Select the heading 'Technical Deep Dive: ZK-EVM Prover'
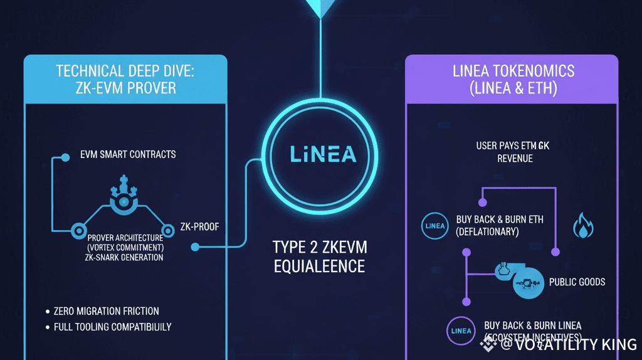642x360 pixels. click(125, 78)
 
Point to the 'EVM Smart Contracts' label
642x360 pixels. click(128, 154)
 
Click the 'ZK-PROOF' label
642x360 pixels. click(199, 227)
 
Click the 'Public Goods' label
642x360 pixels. click(577, 282)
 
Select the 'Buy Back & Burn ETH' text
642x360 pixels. click(500, 220)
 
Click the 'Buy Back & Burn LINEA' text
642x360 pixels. click(533, 326)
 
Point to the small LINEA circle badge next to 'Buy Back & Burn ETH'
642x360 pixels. click(434, 226)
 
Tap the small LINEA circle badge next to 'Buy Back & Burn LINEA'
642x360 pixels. click(460, 331)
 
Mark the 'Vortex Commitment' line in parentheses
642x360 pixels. click(125, 248)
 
